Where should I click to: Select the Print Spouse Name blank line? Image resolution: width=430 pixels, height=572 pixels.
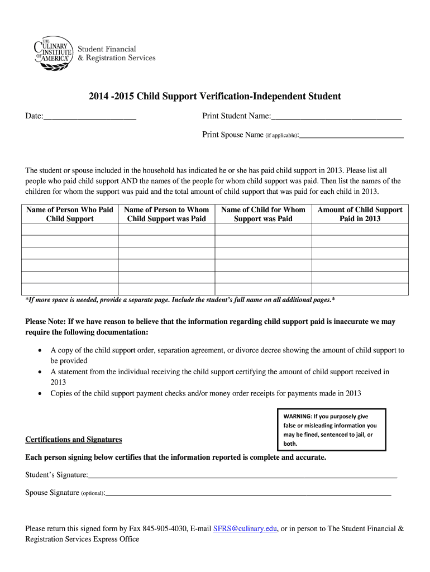tap(352, 135)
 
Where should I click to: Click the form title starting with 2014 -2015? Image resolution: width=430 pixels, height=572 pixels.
tap(214, 96)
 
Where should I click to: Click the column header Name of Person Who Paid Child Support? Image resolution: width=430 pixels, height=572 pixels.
tap(70, 214)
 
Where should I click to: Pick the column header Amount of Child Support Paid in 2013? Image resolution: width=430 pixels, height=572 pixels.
tap(360, 214)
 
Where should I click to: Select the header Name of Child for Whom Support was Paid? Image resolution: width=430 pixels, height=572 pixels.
tap(263, 214)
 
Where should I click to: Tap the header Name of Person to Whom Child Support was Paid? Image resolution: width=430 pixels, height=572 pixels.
tap(166, 214)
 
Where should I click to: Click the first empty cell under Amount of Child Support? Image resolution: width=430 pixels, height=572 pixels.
tap(360, 229)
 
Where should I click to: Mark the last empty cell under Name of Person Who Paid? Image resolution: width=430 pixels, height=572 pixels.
tap(70, 289)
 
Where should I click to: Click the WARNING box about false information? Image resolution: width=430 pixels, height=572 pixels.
tap(331, 430)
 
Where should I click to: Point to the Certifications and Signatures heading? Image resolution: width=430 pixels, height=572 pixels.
tap(74, 440)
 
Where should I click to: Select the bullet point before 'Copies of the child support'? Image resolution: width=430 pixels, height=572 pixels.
tap(39, 394)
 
